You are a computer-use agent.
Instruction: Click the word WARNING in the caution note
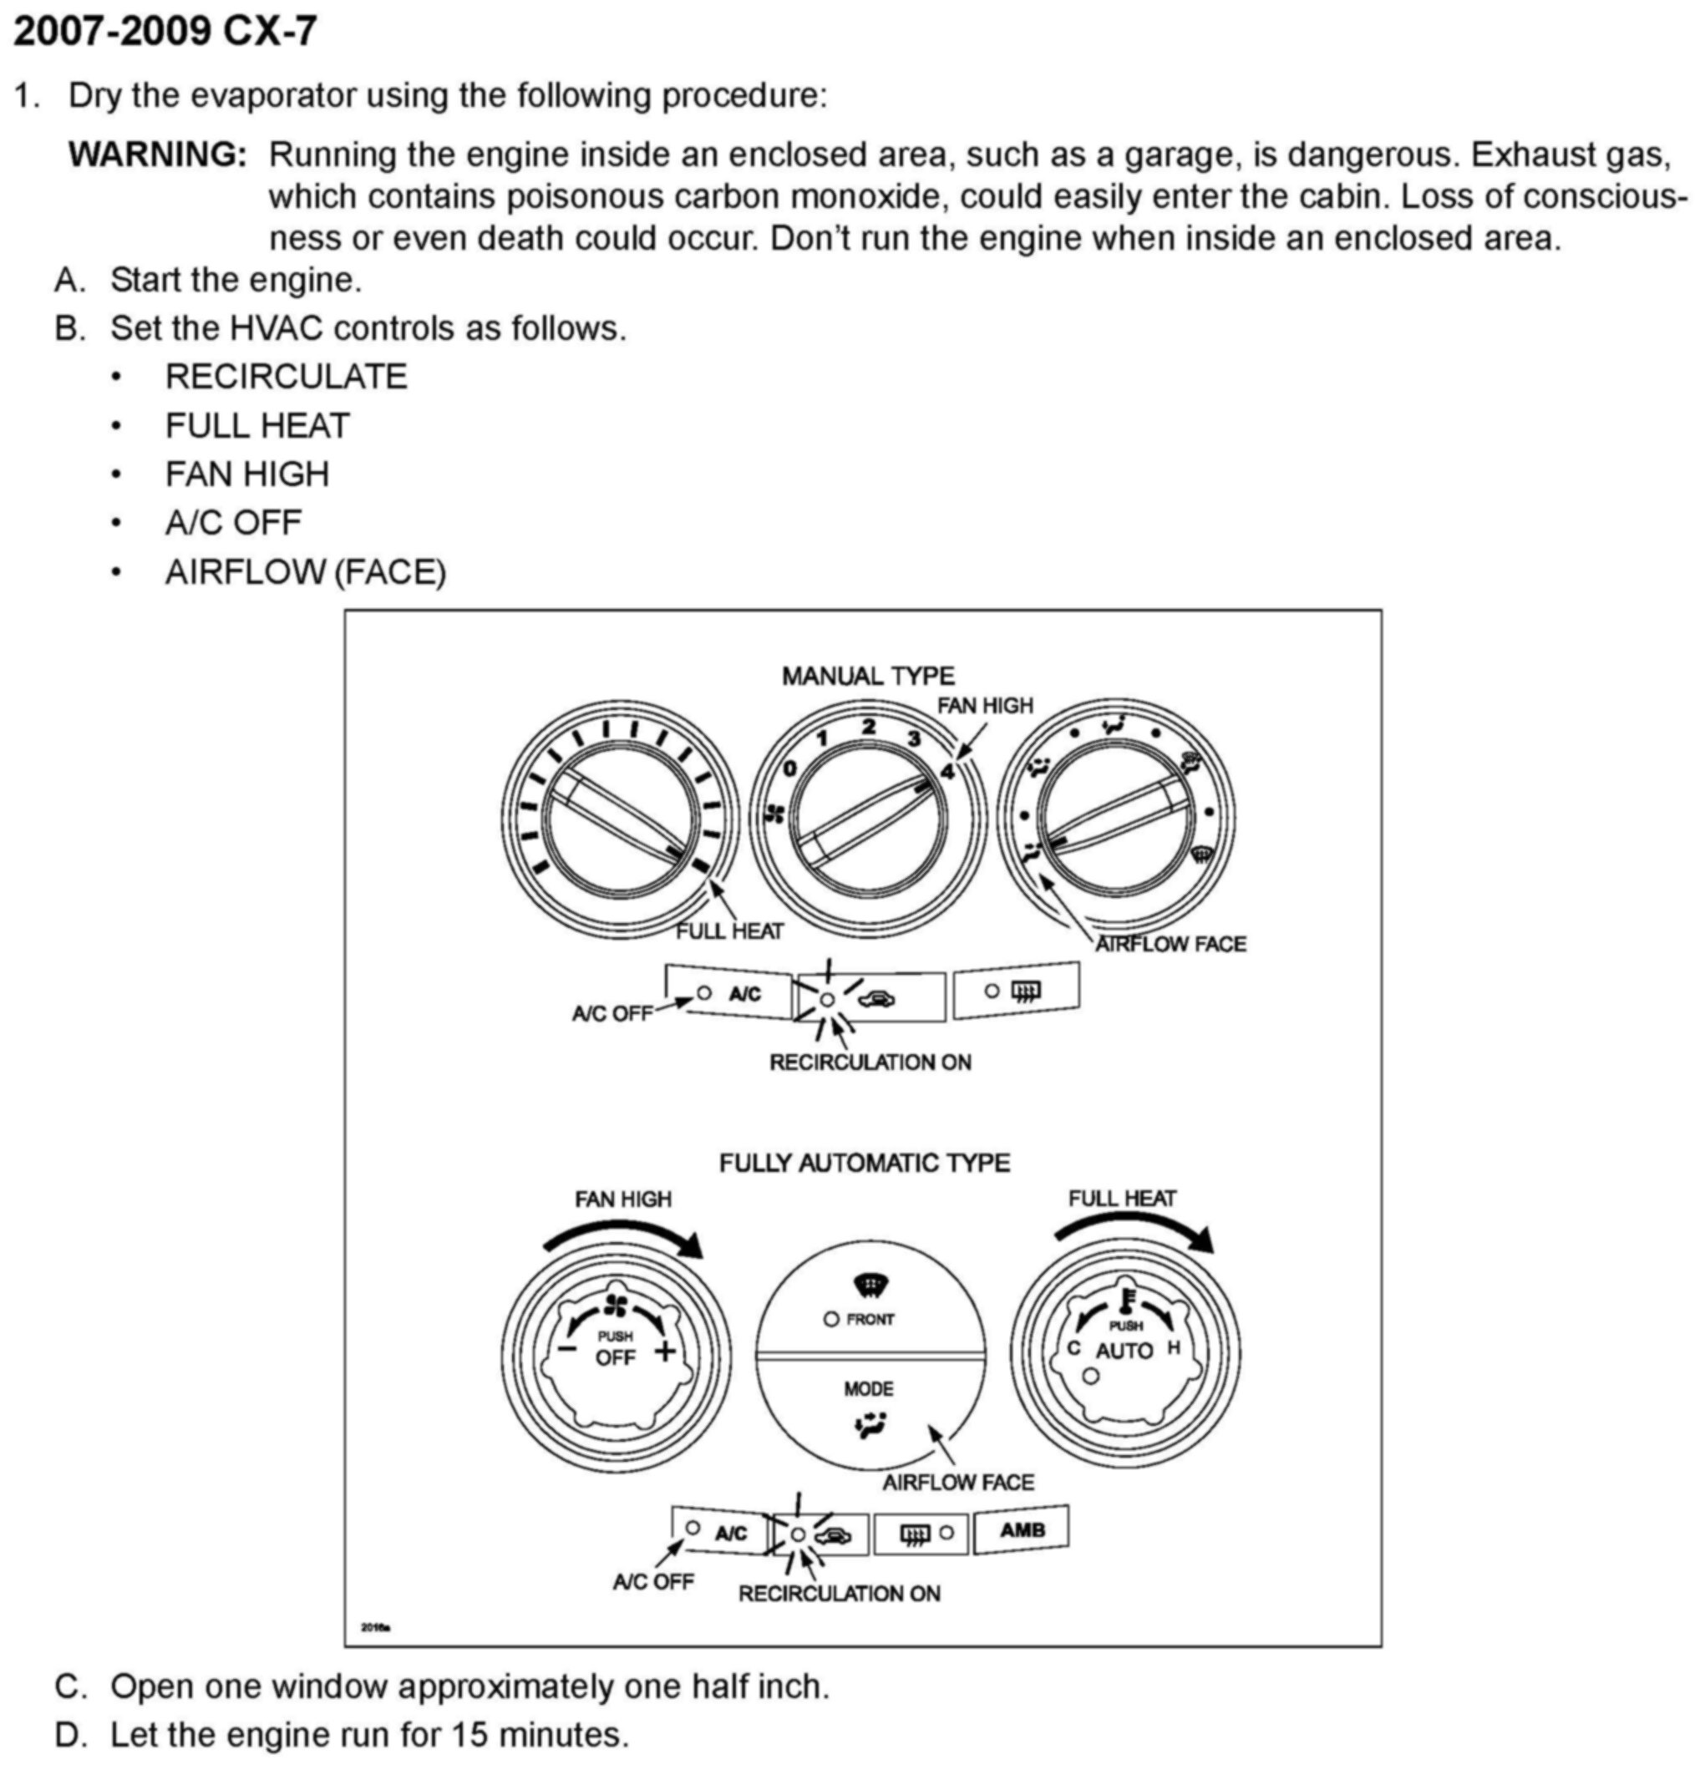(157, 155)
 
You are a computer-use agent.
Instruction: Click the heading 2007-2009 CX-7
(165, 32)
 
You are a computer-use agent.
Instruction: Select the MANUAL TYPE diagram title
(867, 676)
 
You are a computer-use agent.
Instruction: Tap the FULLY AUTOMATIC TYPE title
(863, 1162)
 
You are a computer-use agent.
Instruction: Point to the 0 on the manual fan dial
(790, 768)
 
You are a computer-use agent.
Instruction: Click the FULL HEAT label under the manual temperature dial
(729, 931)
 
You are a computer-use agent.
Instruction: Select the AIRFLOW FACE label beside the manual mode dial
(1170, 944)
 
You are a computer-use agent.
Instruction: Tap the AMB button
(1023, 1529)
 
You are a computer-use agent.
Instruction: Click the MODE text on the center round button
(869, 1388)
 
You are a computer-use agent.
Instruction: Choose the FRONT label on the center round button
(870, 1320)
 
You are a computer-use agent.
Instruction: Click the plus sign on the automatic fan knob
(664, 1352)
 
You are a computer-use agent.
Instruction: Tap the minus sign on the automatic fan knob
(567, 1348)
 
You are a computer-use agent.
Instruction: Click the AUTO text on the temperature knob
(1124, 1351)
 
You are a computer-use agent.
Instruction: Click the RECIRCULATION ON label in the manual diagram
(870, 1062)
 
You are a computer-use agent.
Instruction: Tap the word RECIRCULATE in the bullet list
(287, 377)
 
